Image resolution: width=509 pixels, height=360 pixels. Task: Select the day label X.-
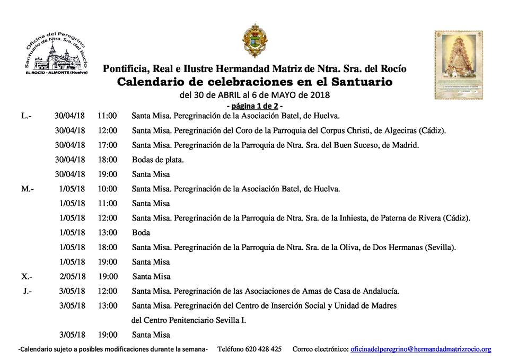(x=27, y=276)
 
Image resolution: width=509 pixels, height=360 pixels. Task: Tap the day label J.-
(x=28, y=291)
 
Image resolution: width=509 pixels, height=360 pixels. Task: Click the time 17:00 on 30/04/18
(x=107, y=145)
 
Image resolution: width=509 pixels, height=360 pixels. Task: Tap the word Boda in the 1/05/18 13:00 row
(x=141, y=232)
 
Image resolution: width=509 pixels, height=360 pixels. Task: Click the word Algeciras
(x=397, y=130)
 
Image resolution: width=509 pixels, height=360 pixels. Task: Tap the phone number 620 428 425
(x=264, y=349)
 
